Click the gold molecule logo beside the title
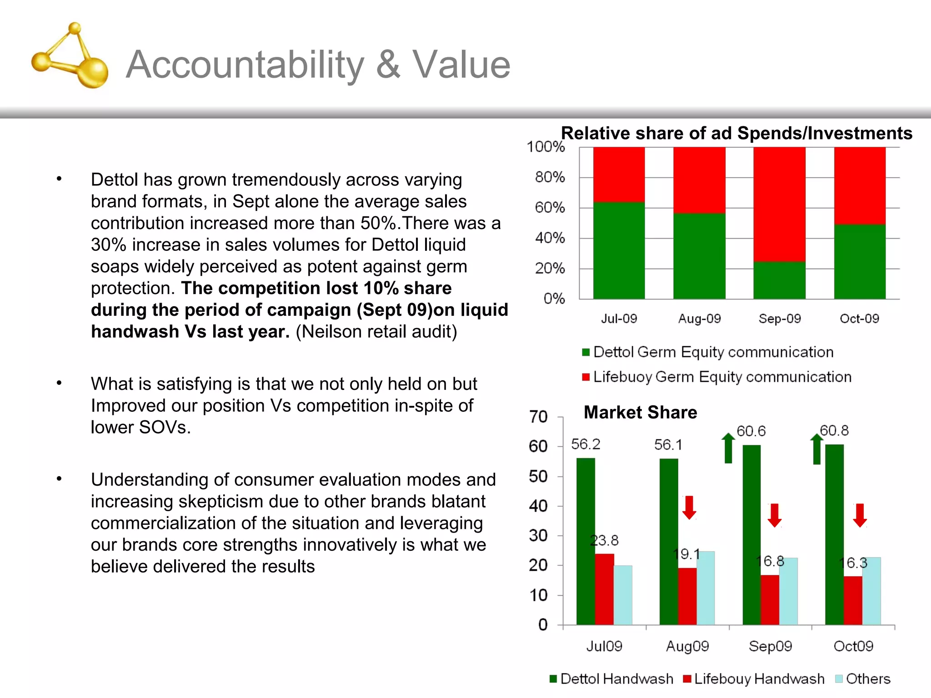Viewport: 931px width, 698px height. [70, 57]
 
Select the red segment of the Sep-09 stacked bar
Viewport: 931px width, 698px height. [779, 204]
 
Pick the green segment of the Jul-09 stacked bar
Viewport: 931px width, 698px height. [619, 250]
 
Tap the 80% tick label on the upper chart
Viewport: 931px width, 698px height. [550, 177]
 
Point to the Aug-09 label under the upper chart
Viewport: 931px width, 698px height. [699, 319]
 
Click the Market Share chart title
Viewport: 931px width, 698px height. [640, 412]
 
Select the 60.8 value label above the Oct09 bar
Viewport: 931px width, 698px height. [834, 430]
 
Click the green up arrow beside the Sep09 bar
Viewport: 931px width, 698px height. [728, 448]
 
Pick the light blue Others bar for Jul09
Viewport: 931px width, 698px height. [623, 595]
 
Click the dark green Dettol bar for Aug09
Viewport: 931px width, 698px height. [669, 541]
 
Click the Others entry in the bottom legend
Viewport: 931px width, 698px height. [867, 679]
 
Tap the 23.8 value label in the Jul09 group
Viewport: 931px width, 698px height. [604, 540]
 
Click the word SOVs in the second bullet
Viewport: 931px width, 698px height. [164, 427]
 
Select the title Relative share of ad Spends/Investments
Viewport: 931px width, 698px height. [736, 133]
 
